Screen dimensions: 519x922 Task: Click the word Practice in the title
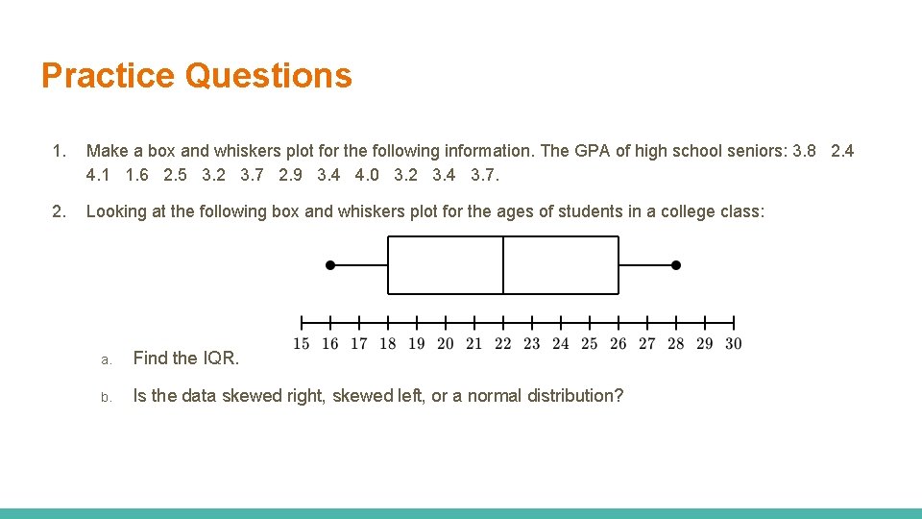[108, 75]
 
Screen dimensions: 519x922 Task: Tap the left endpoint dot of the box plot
[330, 264]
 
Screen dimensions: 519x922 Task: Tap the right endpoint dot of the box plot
[676, 264]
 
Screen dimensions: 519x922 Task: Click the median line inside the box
[503, 264]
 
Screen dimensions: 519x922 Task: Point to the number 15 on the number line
[302, 343]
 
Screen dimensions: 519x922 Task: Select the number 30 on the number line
[734, 343]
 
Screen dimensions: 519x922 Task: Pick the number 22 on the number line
[503, 343]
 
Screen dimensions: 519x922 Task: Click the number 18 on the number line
[388, 343]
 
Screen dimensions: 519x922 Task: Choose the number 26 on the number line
[619, 343]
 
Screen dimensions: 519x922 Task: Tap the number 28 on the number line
[676, 343]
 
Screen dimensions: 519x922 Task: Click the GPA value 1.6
[137, 175]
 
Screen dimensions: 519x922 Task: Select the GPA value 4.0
[367, 175]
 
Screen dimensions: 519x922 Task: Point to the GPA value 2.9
[290, 175]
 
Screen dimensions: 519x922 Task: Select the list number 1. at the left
[60, 151]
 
